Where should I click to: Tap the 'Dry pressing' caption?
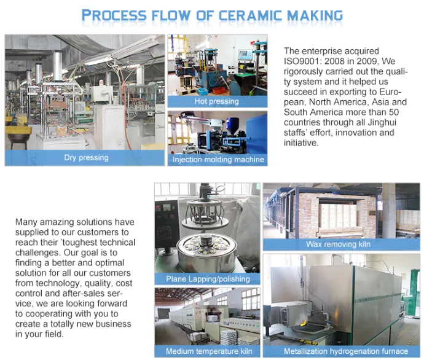coord(86,158)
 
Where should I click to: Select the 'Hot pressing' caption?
coord(216,101)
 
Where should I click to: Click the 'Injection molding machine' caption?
coord(218,160)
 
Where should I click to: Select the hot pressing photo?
coord(216,65)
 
